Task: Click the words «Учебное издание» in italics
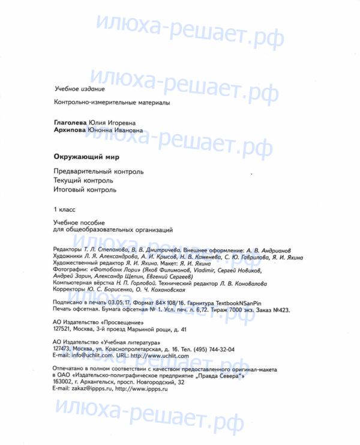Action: [x=76, y=89]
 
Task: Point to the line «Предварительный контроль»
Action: [x=98, y=171]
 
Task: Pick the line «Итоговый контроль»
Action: [x=85, y=190]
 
